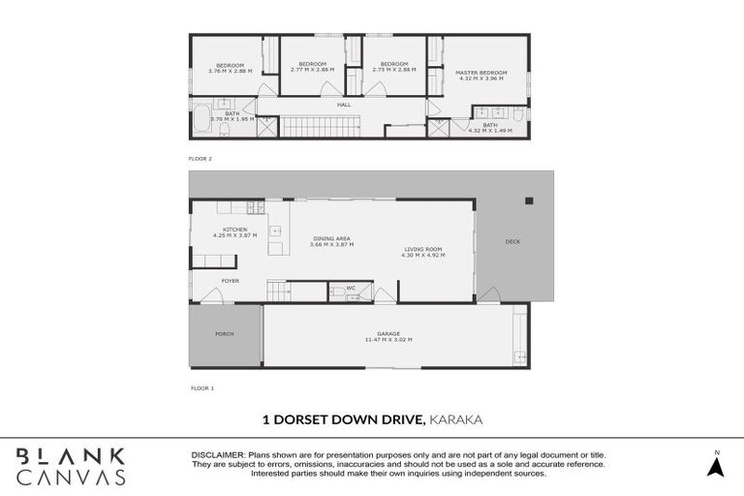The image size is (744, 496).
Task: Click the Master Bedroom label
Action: coord(481,73)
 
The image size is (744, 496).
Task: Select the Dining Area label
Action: coord(331,238)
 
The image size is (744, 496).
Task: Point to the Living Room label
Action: coord(424,250)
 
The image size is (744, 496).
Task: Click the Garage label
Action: coord(388,334)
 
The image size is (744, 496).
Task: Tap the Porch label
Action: coord(224,334)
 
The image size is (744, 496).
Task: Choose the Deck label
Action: coord(512,241)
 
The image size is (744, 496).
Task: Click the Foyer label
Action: coord(230,281)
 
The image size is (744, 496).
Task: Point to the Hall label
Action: coord(343,105)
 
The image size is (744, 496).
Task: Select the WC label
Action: coord(351,288)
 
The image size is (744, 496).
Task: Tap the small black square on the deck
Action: coord(529,201)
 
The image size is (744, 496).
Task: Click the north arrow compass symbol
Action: coord(716,465)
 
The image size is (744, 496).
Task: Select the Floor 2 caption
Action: coord(201,157)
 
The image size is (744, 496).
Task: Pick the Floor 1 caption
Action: coord(201,387)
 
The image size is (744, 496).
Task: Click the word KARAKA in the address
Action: coord(456,419)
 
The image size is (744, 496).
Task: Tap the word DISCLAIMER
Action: coord(219,455)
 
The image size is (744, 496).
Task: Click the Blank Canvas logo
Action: coord(70,466)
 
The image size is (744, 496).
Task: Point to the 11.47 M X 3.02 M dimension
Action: coord(388,340)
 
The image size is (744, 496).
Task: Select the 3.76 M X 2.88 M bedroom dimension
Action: coord(230,71)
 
